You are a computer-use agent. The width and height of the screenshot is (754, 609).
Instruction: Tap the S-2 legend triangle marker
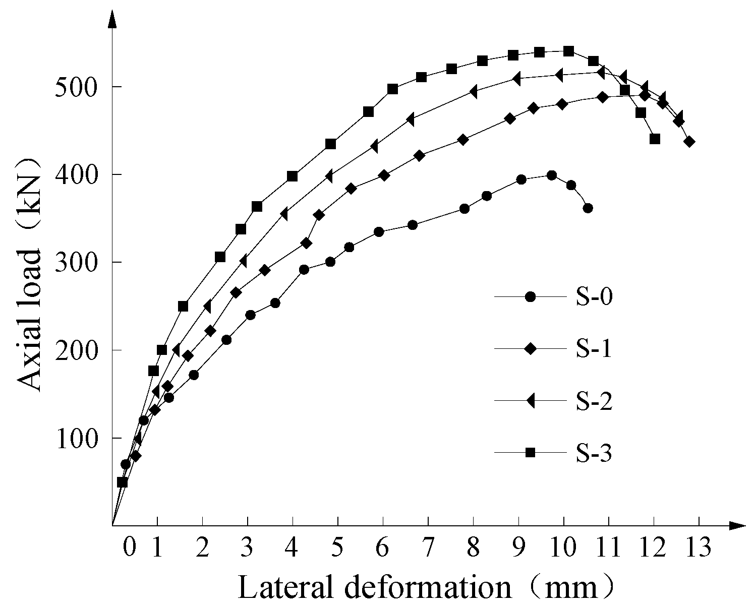click(x=530, y=401)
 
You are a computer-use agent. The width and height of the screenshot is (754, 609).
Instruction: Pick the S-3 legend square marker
click(x=530, y=453)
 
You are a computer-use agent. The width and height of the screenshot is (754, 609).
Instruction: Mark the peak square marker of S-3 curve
click(x=568, y=51)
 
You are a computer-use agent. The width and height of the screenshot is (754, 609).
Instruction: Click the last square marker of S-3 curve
click(x=655, y=139)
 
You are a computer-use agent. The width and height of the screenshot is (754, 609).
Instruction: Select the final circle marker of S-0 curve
click(x=588, y=208)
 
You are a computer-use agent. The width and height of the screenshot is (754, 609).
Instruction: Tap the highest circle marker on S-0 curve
click(x=551, y=175)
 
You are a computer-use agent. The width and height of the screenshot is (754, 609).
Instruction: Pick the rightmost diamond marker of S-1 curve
click(x=689, y=142)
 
